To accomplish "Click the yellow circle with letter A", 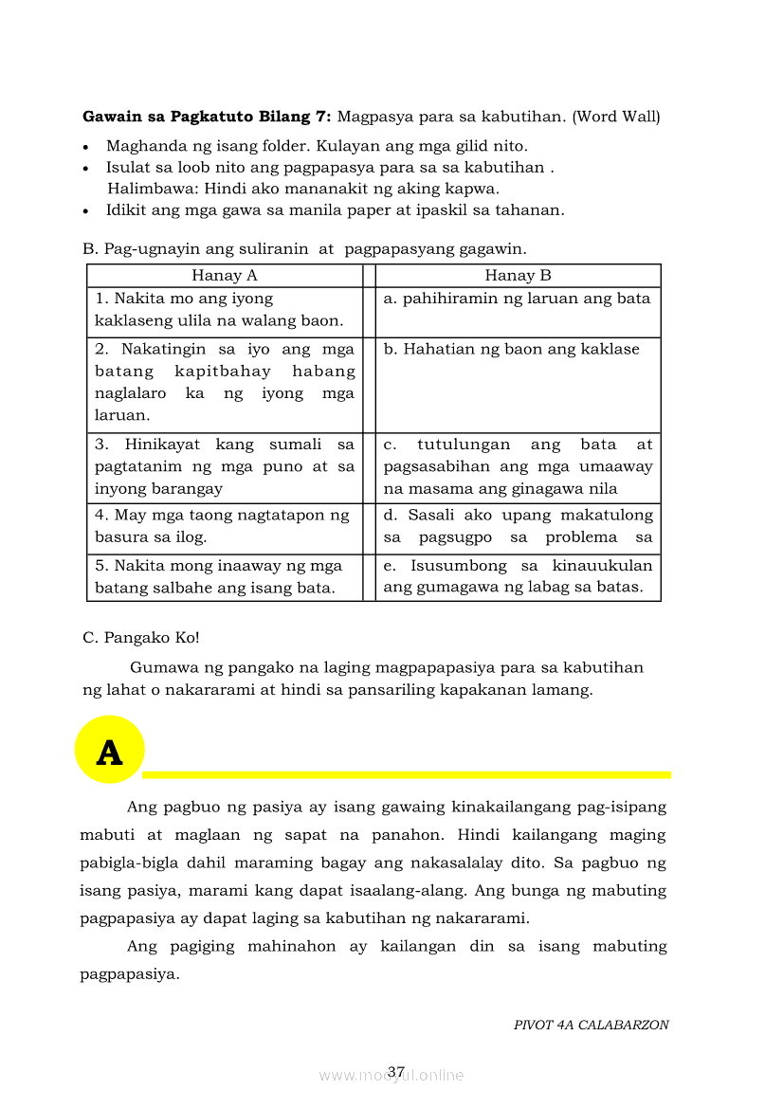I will point(110,750).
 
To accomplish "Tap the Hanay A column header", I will point(225,276).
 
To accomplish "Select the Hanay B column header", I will point(518,276).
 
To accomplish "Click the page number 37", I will point(396,1072).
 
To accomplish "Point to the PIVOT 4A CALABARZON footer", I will point(591,1025).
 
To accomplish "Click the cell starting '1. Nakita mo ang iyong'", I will point(225,311).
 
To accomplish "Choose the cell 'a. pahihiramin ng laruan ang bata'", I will point(518,300).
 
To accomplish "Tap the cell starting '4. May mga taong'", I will point(225,527).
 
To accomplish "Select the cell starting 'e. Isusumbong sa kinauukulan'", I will point(518,577).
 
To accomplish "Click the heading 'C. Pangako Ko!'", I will point(141,638).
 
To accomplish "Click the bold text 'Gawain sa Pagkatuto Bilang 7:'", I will point(207,118).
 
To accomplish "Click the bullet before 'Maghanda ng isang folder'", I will point(87,148).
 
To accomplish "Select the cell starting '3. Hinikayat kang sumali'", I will point(225,467).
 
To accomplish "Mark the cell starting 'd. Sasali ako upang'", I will point(518,527).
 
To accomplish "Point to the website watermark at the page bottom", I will point(391,1076).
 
